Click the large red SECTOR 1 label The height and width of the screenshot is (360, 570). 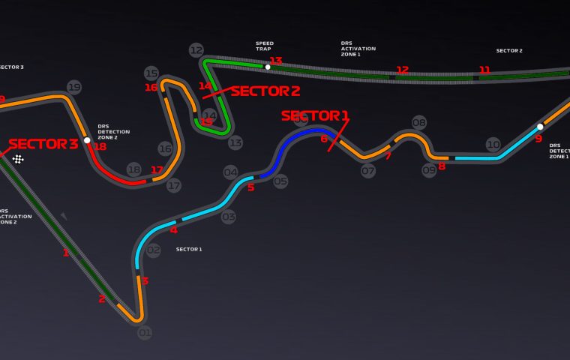(x=315, y=115)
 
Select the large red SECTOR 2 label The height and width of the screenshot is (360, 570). (x=265, y=91)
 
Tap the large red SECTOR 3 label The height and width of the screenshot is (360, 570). (x=43, y=144)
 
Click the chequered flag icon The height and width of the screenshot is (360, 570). (x=18, y=158)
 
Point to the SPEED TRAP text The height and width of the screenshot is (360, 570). (x=265, y=47)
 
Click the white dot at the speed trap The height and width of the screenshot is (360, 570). (x=268, y=67)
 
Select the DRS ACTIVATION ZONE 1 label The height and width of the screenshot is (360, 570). (x=358, y=49)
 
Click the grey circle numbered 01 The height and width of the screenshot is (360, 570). (x=145, y=332)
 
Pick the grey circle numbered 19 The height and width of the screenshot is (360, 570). (x=73, y=87)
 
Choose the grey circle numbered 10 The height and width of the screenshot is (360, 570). (x=493, y=144)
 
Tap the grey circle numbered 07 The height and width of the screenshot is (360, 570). (x=367, y=170)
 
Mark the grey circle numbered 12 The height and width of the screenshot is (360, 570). (x=196, y=50)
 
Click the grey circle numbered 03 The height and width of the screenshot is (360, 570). (x=229, y=217)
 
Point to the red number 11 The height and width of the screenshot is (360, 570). (x=485, y=70)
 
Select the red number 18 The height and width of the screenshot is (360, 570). (x=100, y=147)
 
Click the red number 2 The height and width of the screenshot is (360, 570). (x=102, y=299)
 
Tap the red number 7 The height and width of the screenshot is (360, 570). (x=388, y=156)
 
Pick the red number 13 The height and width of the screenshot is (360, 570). (x=276, y=61)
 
